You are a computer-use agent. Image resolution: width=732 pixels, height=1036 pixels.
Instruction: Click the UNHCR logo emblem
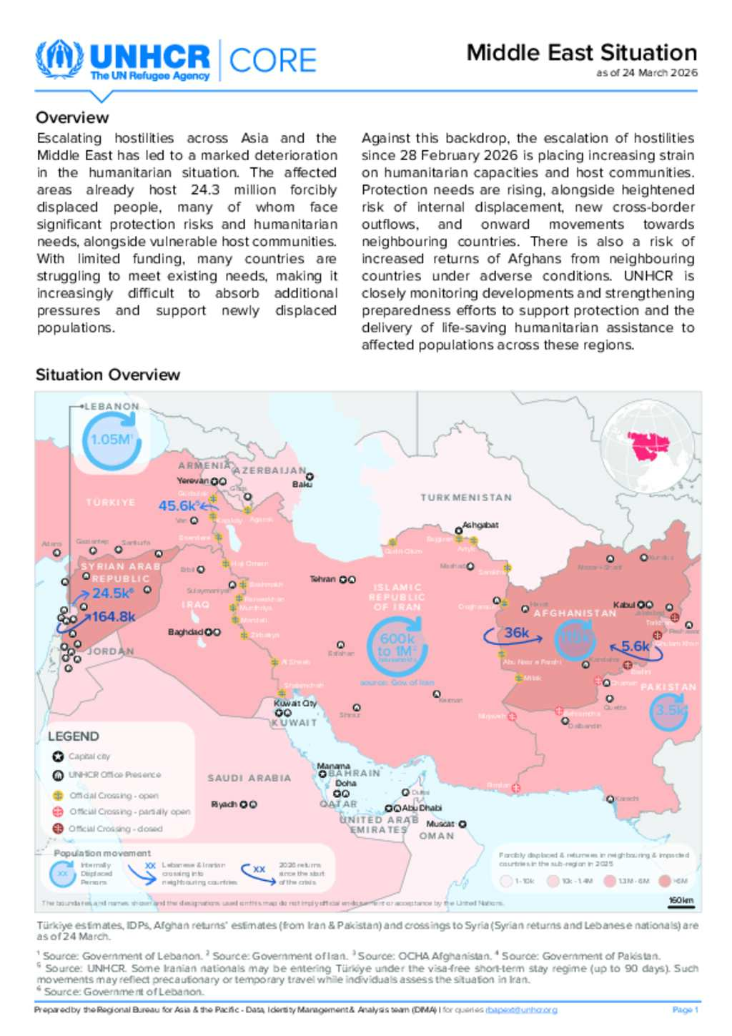[x=59, y=60]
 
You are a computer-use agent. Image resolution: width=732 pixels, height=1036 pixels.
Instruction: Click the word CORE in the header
[x=272, y=61]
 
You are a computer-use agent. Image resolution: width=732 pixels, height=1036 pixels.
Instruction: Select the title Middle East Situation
[x=581, y=53]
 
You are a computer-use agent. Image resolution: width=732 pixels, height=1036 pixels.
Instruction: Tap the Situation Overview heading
[x=108, y=375]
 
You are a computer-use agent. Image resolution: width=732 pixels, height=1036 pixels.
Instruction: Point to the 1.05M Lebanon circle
[x=111, y=440]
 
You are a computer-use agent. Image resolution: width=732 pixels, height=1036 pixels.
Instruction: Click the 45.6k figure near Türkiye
[x=178, y=506]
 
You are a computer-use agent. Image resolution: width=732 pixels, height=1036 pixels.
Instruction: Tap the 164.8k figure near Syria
[x=113, y=616]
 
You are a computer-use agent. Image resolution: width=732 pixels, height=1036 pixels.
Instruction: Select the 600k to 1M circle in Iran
[x=397, y=646]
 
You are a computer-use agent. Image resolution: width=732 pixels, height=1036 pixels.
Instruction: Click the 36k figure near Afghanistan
[x=516, y=633]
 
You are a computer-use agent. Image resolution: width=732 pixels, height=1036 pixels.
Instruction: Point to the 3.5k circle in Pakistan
[x=671, y=710]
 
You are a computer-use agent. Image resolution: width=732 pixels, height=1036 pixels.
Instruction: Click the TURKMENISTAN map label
[x=466, y=498]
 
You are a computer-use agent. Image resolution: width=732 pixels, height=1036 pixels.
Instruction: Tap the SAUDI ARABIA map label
[x=249, y=778]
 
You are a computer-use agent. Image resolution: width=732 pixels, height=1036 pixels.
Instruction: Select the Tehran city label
[x=322, y=579]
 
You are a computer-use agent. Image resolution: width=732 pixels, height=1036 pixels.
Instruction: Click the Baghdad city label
[x=185, y=632]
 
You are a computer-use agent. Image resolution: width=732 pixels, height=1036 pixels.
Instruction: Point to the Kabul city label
[x=623, y=605]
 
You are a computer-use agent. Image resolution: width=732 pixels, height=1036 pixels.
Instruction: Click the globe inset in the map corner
[x=648, y=446]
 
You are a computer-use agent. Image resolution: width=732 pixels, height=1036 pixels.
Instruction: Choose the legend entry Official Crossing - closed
[x=115, y=829]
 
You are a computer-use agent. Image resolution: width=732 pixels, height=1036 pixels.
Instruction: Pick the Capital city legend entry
[x=89, y=756]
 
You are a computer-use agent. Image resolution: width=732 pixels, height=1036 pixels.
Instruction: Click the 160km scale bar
[x=681, y=901]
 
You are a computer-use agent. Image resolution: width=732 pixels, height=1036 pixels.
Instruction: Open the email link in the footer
[x=521, y=1010]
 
